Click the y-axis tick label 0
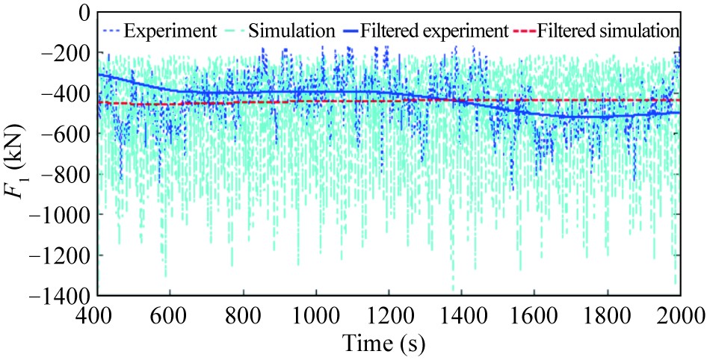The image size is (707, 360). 81,13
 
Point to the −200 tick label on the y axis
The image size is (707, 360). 66,53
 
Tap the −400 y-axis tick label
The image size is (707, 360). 66,93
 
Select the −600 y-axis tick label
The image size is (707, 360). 66,134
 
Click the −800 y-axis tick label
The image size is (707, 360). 66,174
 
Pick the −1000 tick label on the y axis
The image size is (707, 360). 61,214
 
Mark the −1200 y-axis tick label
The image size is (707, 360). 61,255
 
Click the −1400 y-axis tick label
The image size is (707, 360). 61,295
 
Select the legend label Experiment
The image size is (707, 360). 170,31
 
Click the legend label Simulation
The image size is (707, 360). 291,31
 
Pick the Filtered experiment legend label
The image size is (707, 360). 433,31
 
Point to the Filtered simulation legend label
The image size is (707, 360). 607,31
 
